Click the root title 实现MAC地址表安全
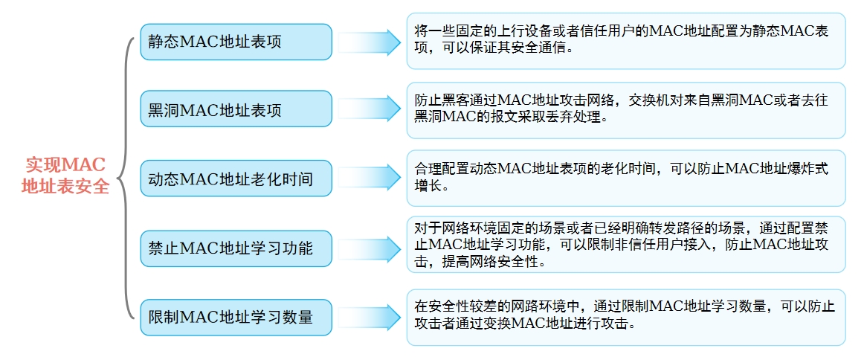(65, 176)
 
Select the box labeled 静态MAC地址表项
(236, 42)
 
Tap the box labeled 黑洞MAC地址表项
(236, 109)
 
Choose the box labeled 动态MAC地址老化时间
(236, 178)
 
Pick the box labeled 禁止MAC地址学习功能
(236, 248)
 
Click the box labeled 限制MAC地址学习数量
(236, 317)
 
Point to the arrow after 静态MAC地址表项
(370, 42)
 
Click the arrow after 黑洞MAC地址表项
(370, 109)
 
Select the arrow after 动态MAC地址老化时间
(370, 178)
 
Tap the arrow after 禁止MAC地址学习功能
(370, 248)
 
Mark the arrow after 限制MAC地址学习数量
(370, 318)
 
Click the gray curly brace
(126, 178)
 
